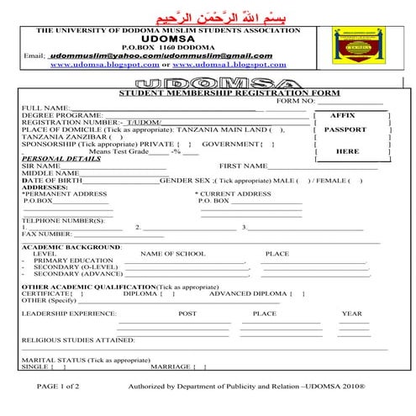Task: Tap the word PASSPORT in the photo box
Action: coord(345,130)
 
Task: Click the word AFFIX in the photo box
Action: coord(344,115)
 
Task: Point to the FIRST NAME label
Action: coord(242,166)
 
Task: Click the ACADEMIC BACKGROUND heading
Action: coord(71,247)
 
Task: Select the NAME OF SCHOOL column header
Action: coord(172,254)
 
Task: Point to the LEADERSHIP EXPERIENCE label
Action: coord(69,313)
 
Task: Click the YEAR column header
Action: coord(351,313)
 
